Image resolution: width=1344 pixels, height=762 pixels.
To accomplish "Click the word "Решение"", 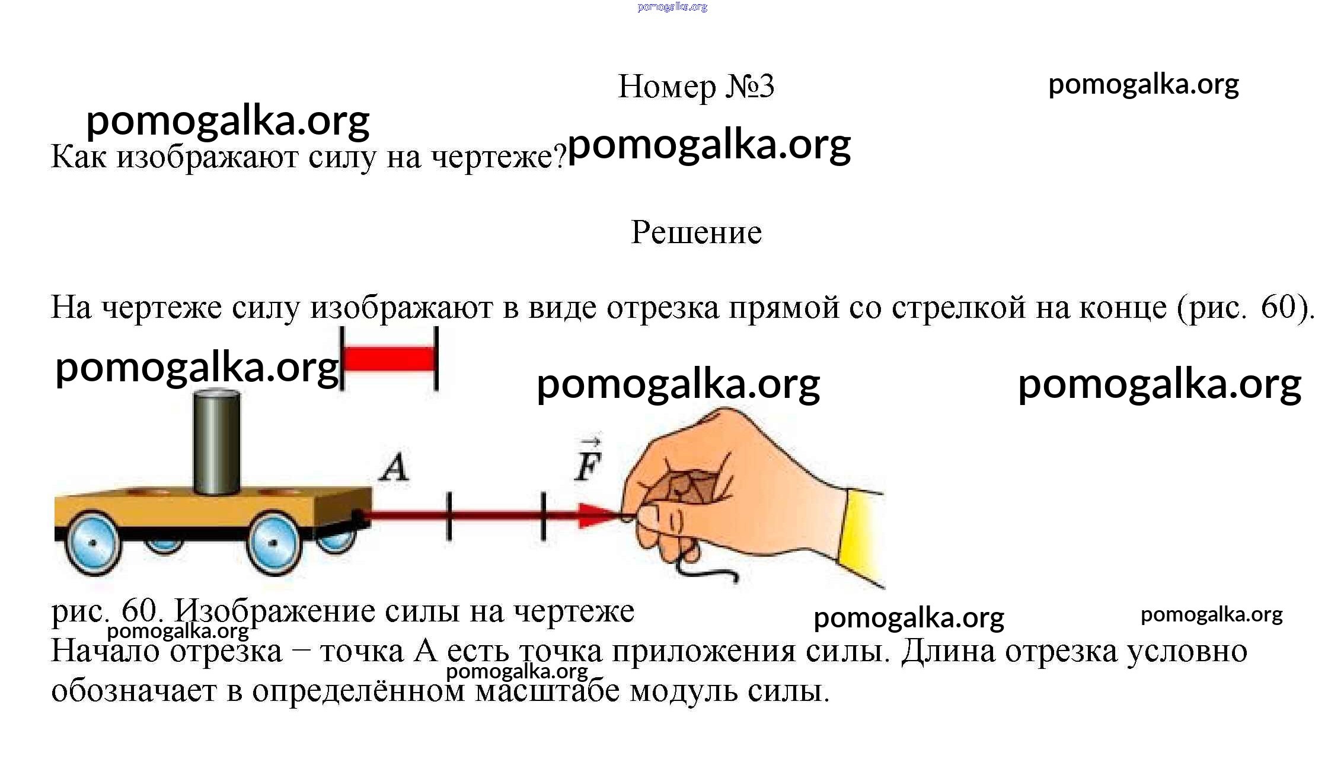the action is (x=696, y=232).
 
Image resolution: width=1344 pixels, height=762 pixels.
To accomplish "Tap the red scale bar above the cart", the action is (x=389, y=359).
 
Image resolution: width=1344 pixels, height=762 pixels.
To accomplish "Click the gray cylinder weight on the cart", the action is (x=217, y=442).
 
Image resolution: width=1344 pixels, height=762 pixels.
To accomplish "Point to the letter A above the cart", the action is (x=394, y=468).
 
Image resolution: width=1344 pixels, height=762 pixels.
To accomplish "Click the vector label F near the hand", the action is (x=588, y=459).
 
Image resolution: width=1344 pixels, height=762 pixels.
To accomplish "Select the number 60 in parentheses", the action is (x=1278, y=307).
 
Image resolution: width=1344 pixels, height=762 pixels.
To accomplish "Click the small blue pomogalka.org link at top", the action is (x=672, y=7).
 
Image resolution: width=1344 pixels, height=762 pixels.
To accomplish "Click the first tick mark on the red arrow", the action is (x=449, y=516).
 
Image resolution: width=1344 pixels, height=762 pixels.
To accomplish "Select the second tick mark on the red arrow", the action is (x=544, y=516).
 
